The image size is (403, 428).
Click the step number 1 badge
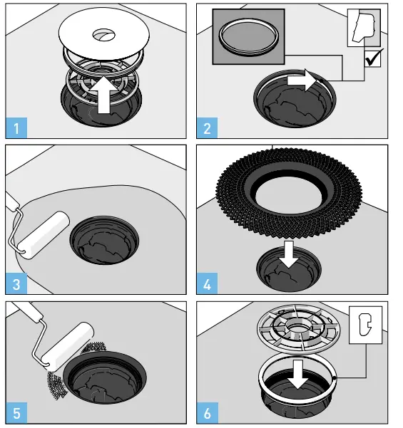point(16,129)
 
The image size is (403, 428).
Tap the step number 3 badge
point(16,285)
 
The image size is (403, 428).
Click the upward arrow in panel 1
point(104,96)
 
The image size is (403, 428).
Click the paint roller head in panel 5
point(68,343)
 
